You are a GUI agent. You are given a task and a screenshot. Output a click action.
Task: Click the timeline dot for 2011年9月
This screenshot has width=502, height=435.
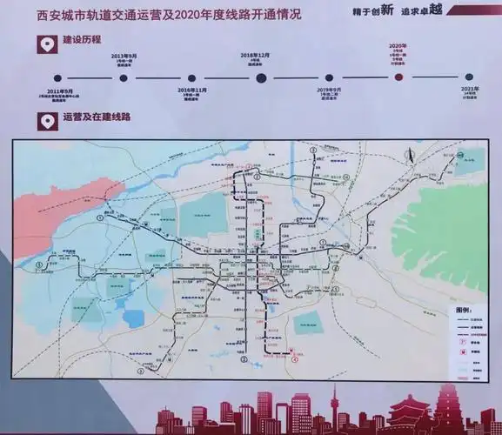pyautogui.click(x=57, y=77)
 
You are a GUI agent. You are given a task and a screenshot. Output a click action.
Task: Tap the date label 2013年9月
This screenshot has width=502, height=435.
pyautogui.click(x=124, y=56)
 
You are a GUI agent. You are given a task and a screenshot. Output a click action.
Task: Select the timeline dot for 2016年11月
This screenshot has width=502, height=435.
pyautogui.click(x=191, y=77)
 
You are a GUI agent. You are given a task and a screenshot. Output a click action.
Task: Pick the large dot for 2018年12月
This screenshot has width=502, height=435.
pyautogui.click(x=261, y=77)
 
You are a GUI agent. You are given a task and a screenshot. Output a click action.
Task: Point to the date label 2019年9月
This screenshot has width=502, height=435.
pyautogui.click(x=329, y=90)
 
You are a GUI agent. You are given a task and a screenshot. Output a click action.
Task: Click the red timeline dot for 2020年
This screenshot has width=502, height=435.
pyautogui.click(x=398, y=77)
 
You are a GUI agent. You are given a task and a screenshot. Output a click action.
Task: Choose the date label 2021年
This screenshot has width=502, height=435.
pyautogui.click(x=469, y=90)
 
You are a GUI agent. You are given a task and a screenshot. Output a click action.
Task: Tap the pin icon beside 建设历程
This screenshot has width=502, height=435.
pyautogui.click(x=42, y=41)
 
